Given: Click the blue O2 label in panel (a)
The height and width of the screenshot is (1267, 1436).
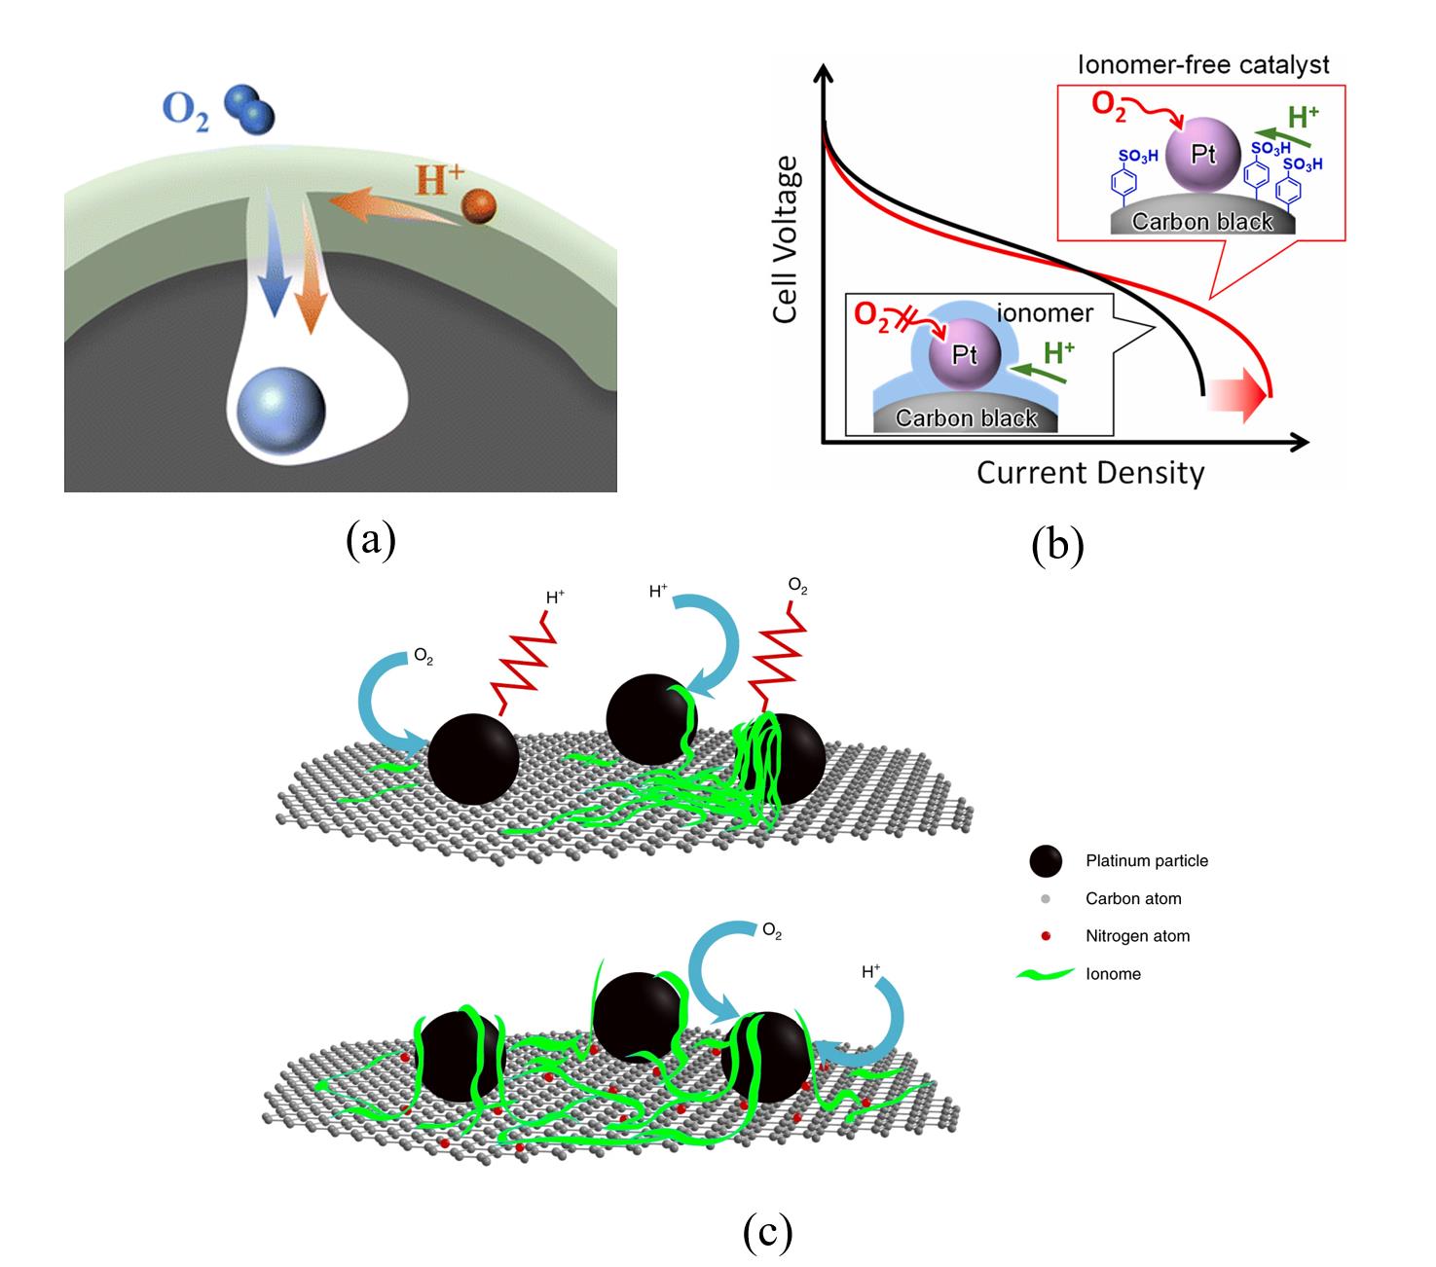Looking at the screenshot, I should point(185,110).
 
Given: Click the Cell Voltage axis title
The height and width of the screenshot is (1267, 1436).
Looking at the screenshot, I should point(786,239).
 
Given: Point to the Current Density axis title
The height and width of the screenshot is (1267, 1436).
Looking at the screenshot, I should point(1090,474).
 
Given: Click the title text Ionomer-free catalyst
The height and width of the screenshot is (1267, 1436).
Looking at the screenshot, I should point(1203,65).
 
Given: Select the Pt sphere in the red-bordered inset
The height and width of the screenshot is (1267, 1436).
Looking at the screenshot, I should point(1202,155).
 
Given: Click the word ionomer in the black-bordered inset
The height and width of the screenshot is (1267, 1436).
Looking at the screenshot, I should point(1045,313).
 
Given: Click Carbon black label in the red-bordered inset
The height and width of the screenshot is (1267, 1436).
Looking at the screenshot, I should point(1202,222).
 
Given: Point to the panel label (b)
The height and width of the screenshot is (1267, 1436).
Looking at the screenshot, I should point(1057,546).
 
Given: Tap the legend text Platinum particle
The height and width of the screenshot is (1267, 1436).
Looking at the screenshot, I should point(1147,861).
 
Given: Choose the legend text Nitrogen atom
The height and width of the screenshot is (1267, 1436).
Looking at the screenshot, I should point(1137,936).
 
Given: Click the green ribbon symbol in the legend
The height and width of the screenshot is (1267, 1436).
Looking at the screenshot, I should point(1044,974).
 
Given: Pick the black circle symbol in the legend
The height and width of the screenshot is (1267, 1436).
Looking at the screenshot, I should point(1045,861).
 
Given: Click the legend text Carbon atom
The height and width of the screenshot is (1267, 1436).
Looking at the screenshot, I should point(1133,899).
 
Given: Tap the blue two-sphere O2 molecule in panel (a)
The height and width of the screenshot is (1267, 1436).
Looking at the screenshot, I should point(249,108).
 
